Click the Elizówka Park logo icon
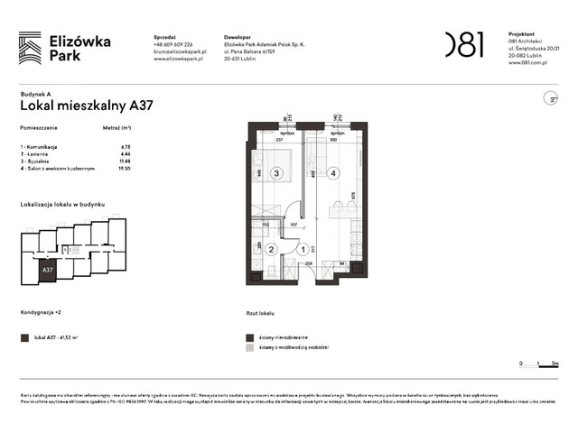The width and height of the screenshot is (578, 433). pos(30,47)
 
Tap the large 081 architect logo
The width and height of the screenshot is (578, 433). pos(464,44)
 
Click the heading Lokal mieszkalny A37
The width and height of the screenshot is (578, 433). pos(86,105)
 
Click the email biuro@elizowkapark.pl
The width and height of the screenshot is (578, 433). pos(181,52)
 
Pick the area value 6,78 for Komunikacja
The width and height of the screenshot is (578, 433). pos(126,146)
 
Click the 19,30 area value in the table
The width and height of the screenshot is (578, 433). pos(126,168)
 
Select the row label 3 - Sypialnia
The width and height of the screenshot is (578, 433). pos(38,161)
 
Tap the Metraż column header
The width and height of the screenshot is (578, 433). pos(118,130)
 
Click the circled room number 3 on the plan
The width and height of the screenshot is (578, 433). pos(278,173)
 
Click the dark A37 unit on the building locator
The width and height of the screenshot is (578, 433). pos(46,269)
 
